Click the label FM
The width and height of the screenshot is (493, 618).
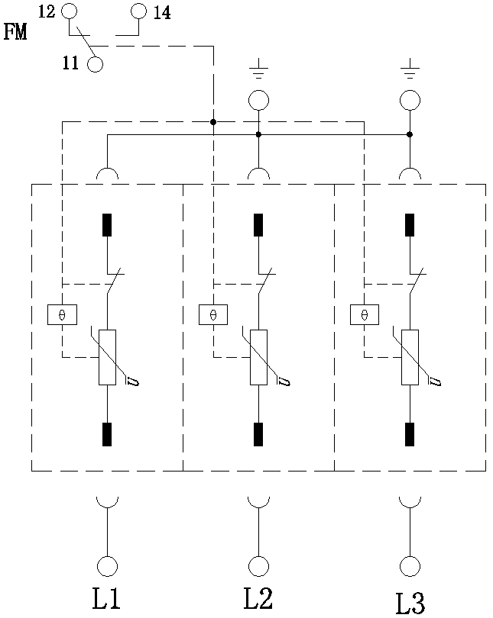coord(15,33)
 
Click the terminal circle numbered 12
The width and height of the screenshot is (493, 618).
coord(69,11)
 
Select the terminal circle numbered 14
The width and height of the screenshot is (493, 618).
coord(138,11)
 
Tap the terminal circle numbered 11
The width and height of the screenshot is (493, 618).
coord(95,63)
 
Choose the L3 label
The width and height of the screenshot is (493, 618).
coord(410,601)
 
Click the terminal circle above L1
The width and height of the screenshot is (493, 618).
coord(106,565)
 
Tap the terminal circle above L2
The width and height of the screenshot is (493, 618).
coord(258,565)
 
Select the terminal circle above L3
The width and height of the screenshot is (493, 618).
coord(410,565)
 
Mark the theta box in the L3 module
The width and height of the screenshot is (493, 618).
coord(364,314)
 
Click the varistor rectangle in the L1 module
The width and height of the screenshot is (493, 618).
coord(107,356)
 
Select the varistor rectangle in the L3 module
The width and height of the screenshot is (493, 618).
coord(410,356)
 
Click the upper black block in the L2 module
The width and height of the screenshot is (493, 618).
coord(258,225)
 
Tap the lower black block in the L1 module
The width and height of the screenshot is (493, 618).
coord(107,433)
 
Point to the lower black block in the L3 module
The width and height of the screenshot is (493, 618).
coord(410,433)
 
